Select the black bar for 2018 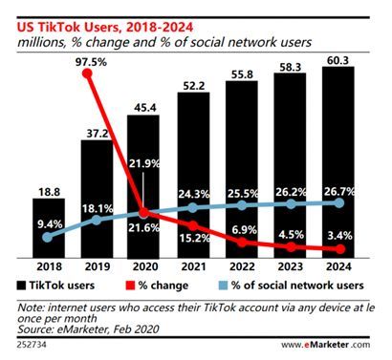tap(42, 229)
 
